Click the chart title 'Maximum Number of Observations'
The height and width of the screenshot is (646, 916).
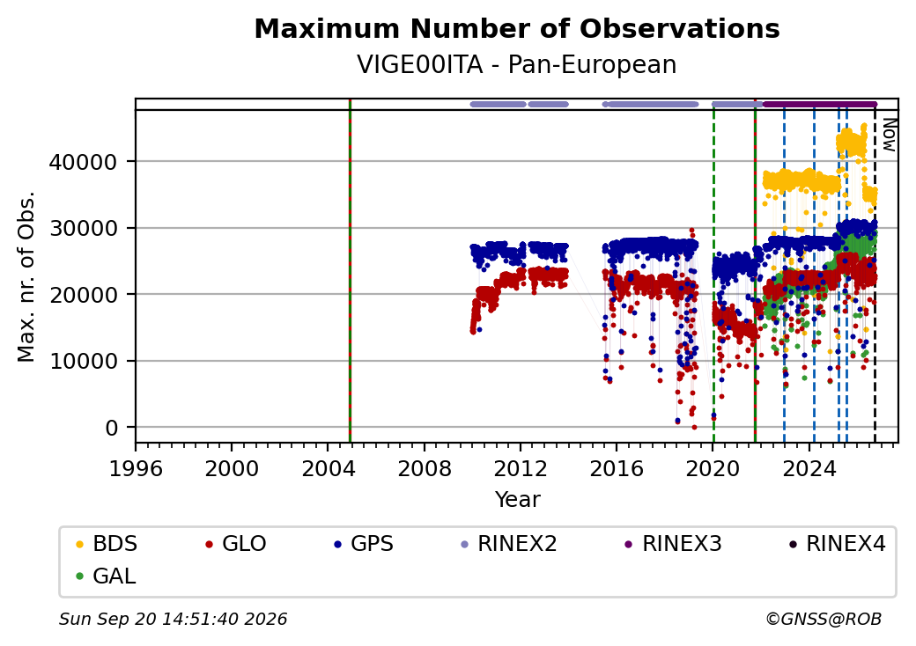517,28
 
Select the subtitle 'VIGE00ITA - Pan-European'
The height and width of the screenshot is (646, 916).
517,65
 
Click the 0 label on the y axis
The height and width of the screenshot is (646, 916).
112,428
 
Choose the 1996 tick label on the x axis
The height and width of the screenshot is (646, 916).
136,468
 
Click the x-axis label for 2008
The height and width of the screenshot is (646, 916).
425,468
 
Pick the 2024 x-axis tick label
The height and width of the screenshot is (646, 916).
809,468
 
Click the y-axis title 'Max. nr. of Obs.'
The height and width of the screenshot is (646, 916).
26,276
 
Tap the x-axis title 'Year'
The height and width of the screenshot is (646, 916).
518,500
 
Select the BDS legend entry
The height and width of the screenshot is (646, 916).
107,544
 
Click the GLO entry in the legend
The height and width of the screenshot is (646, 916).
236,544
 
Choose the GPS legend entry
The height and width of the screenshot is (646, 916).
364,544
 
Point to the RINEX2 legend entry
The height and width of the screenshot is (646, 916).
509,544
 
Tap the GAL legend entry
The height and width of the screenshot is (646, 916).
107,576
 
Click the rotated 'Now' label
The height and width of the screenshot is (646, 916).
889,135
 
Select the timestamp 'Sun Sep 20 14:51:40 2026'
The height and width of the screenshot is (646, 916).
174,619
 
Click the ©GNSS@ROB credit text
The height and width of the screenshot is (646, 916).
824,619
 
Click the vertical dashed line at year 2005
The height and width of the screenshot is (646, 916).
350,271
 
